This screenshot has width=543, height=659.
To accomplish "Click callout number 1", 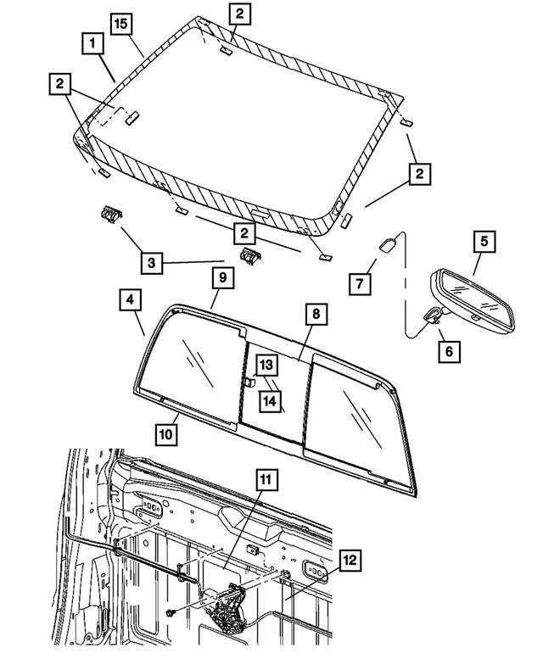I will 92,42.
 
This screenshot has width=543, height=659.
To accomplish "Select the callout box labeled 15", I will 121,24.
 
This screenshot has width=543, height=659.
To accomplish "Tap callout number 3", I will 150,263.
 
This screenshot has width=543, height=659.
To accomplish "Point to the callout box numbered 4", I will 130,301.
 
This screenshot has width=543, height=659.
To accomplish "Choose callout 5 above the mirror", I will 483,243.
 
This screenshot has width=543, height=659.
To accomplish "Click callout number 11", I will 265,481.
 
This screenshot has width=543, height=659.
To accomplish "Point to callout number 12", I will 350,560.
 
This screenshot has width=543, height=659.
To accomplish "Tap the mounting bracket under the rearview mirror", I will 432,316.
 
